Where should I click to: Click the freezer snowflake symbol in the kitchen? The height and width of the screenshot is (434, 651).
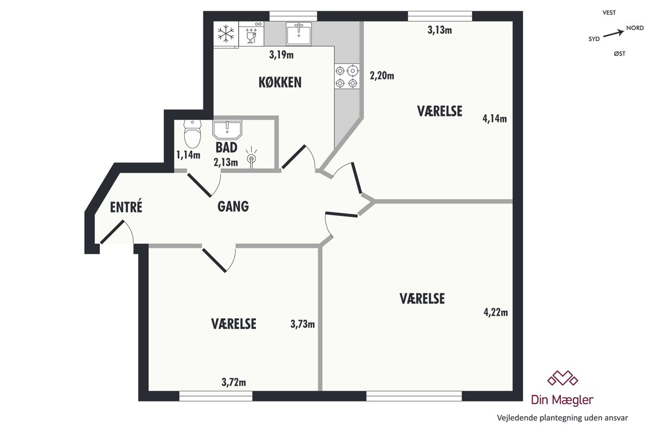pos(226,34)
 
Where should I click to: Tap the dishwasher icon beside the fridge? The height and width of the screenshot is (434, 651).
pos(251,34)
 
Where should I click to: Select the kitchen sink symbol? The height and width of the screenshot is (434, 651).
pos(299,34)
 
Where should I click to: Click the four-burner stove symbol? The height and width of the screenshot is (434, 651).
pos(347,76)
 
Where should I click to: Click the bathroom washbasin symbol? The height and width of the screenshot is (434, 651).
pos(227,129)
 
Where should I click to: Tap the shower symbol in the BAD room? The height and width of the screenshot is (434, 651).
pos(251,157)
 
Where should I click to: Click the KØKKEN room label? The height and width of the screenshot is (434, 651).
pos(280,82)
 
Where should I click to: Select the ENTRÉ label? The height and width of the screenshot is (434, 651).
pos(126,207)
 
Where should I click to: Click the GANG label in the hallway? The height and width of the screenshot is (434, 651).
pos(233,206)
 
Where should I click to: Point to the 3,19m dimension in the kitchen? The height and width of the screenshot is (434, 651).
pos(282,55)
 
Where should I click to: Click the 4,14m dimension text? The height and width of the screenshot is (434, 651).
pos(495,119)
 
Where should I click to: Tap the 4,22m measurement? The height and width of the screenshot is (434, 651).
pos(496,313)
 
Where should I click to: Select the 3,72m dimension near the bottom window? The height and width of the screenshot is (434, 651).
pos(234,383)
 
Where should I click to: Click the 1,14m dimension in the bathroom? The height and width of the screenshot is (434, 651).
pos(188,155)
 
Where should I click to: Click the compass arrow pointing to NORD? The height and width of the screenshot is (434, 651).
pos(614,34)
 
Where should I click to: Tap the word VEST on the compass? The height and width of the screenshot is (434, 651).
pos(609,12)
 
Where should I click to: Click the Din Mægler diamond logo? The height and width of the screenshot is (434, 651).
pos(563,378)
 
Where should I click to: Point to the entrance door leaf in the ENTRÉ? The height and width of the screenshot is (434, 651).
pos(112,232)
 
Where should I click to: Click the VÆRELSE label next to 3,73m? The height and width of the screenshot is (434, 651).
pos(234,324)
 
